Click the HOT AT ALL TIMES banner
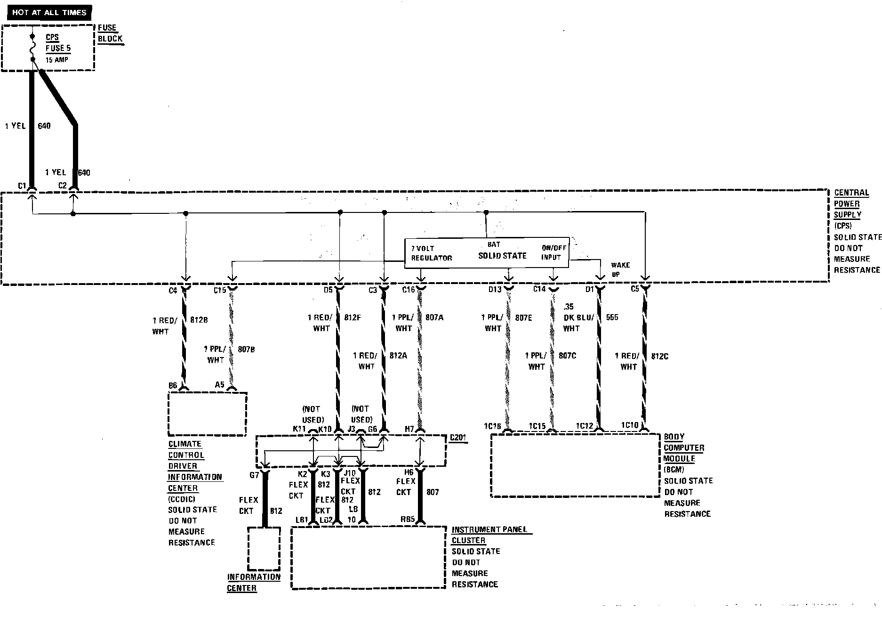[49, 12]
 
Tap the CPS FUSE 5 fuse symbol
[32, 48]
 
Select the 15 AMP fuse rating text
[57, 60]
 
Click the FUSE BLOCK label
[110, 33]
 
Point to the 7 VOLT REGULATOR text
[431, 253]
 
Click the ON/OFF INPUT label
[553, 252]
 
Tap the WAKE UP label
[620, 269]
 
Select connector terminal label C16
[409, 290]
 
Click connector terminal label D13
[495, 290]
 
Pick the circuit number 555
[612, 317]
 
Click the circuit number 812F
[352, 317]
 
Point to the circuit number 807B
[246, 350]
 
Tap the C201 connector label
[458, 438]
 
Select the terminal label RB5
[408, 520]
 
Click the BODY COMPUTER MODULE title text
[683, 447]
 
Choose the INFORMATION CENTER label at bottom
[253, 582]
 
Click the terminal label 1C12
[585, 426]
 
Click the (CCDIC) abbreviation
[181, 499]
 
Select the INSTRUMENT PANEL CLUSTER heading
[489, 535]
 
